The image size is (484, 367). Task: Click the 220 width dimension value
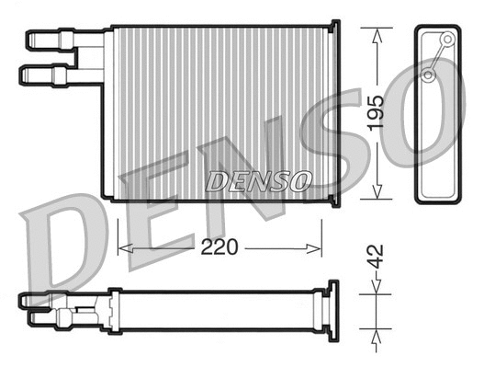click(x=219, y=247)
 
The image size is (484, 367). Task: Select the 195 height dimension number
click(x=376, y=113)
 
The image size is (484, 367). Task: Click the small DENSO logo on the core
click(x=259, y=180)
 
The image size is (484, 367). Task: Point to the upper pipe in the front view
click(x=55, y=39)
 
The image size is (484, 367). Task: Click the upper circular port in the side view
click(x=446, y=40)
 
